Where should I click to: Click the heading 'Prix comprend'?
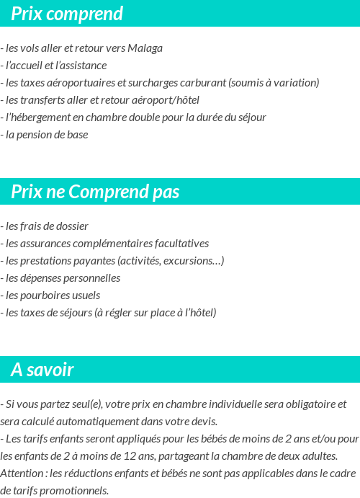(67, 14)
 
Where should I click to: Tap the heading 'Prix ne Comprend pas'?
(95, 192)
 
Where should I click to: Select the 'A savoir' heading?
(42, 370)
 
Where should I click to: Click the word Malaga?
(145, 48)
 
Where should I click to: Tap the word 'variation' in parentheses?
(293, 83)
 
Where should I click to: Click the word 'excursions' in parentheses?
(194, 261)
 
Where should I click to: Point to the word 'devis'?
(202, 422)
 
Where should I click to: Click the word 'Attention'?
(22, 473)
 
